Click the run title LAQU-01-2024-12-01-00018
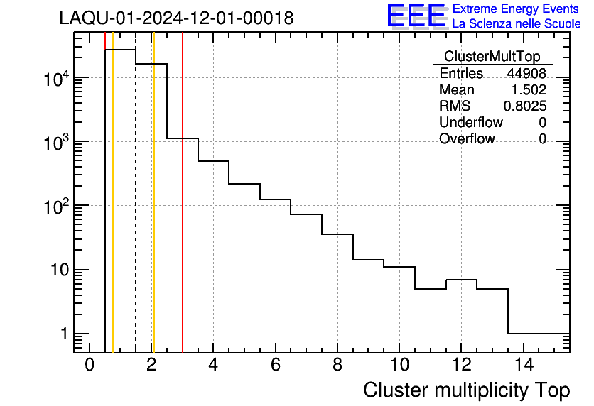(x=176, y=18)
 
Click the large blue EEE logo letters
(x=416, y=16)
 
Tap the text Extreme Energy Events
(x=517, y=9)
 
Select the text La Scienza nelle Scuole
(x=517, y=24)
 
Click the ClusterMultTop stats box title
(x=492, y=57)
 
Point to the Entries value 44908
(x=526, y=74)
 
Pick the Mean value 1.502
(x=529, y=90)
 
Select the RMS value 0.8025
(x=525, y=106)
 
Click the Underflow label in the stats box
(x=470, y=123)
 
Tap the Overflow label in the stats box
(x=467, y=139)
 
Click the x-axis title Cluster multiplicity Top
(x=467, y=390)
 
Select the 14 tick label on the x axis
(x=523, y=366)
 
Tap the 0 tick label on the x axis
(x=90, y=366)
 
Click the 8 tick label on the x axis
(x=337, y=366)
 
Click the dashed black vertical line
(x=136, y=213)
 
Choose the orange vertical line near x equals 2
(x=153, y=213)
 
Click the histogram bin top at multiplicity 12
(x=461, y=280)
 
